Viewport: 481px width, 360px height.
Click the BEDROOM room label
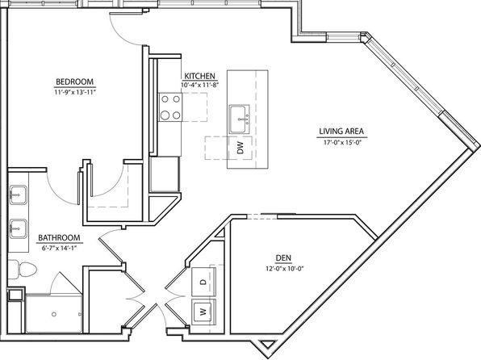(74, 82)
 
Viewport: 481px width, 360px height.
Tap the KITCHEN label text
(199, 76)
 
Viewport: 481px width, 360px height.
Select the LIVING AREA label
(341, 132)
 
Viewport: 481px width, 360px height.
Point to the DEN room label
(283, 258)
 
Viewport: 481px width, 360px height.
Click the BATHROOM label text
(59, 238)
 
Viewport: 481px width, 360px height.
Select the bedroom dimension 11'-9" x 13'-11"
(75, 92)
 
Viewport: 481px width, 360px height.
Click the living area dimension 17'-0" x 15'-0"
(341, 142)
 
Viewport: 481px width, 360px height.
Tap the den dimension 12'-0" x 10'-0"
(284, 269)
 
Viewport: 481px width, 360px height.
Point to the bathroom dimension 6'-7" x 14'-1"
(59, 249)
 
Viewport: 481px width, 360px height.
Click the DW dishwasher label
(240, 148)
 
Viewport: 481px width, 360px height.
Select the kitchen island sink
(239, 119)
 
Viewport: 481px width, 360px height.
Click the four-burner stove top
(170, 107)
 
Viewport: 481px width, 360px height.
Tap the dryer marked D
(203, 282)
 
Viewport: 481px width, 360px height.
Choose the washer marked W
(203, 312)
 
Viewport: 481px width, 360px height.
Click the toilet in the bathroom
(22, 270)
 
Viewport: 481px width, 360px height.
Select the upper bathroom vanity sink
(18, 195)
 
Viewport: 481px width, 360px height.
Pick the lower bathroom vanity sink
(18, 229)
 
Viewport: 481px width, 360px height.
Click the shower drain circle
(54, 314)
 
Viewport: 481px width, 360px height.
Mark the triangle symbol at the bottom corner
(267, 344)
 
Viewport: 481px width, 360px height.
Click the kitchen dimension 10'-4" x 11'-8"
(199, 85)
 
